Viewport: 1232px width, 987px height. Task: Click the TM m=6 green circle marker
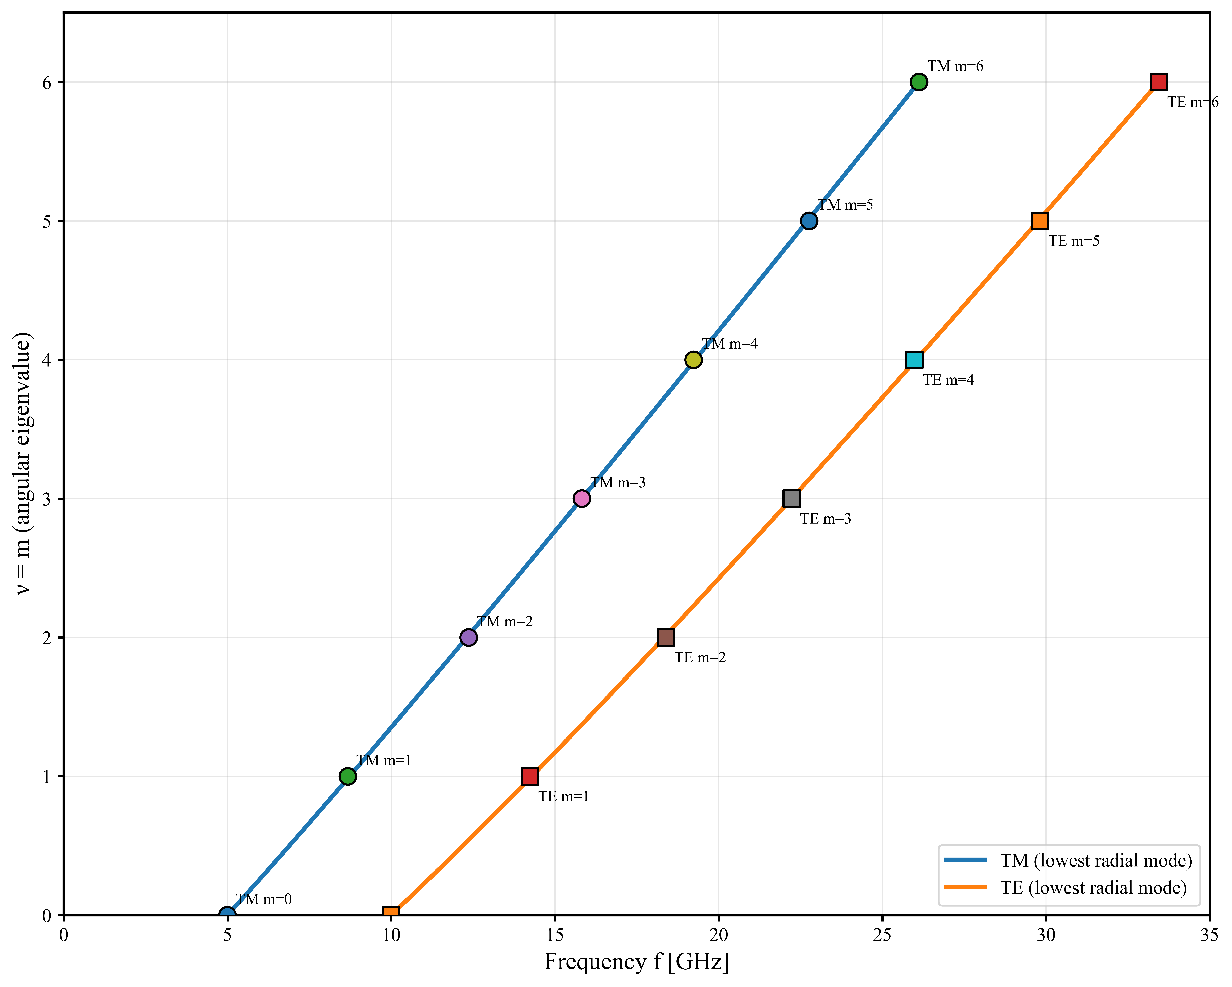pyautogui.click(x=918, y=82)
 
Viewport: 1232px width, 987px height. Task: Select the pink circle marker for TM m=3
pyautogui.click(x=581, y=499)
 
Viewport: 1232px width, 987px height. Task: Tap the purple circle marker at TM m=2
pyautogui.click(x=468, y=637)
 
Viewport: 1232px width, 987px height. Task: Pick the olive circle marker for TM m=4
pyautogui.click(x=693, y=360)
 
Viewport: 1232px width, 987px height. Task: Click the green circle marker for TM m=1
pyautogui.click(x=347, y=776)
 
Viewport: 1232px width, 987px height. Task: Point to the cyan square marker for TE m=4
pyautogui.click(x=914, y=360)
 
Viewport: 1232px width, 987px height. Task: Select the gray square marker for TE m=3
pyautogui.click(x=791, y=499)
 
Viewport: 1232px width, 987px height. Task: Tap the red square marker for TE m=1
pyautogui.click(x=530, y=776)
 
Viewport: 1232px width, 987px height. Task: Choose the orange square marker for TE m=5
pyautogui.click(x=1039, y=221)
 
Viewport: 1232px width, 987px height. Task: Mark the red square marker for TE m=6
pyautogui.click(x=1158, y=82)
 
